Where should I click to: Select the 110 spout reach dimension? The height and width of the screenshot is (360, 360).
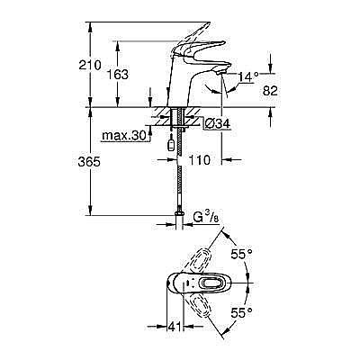point(202,158)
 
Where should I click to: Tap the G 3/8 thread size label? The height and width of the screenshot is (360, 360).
point(210,216)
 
